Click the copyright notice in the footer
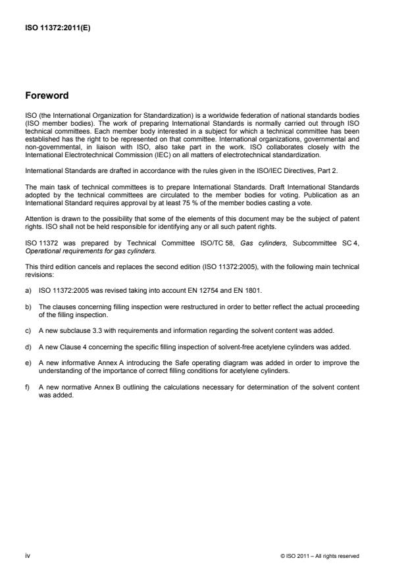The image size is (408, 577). (320, 556)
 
